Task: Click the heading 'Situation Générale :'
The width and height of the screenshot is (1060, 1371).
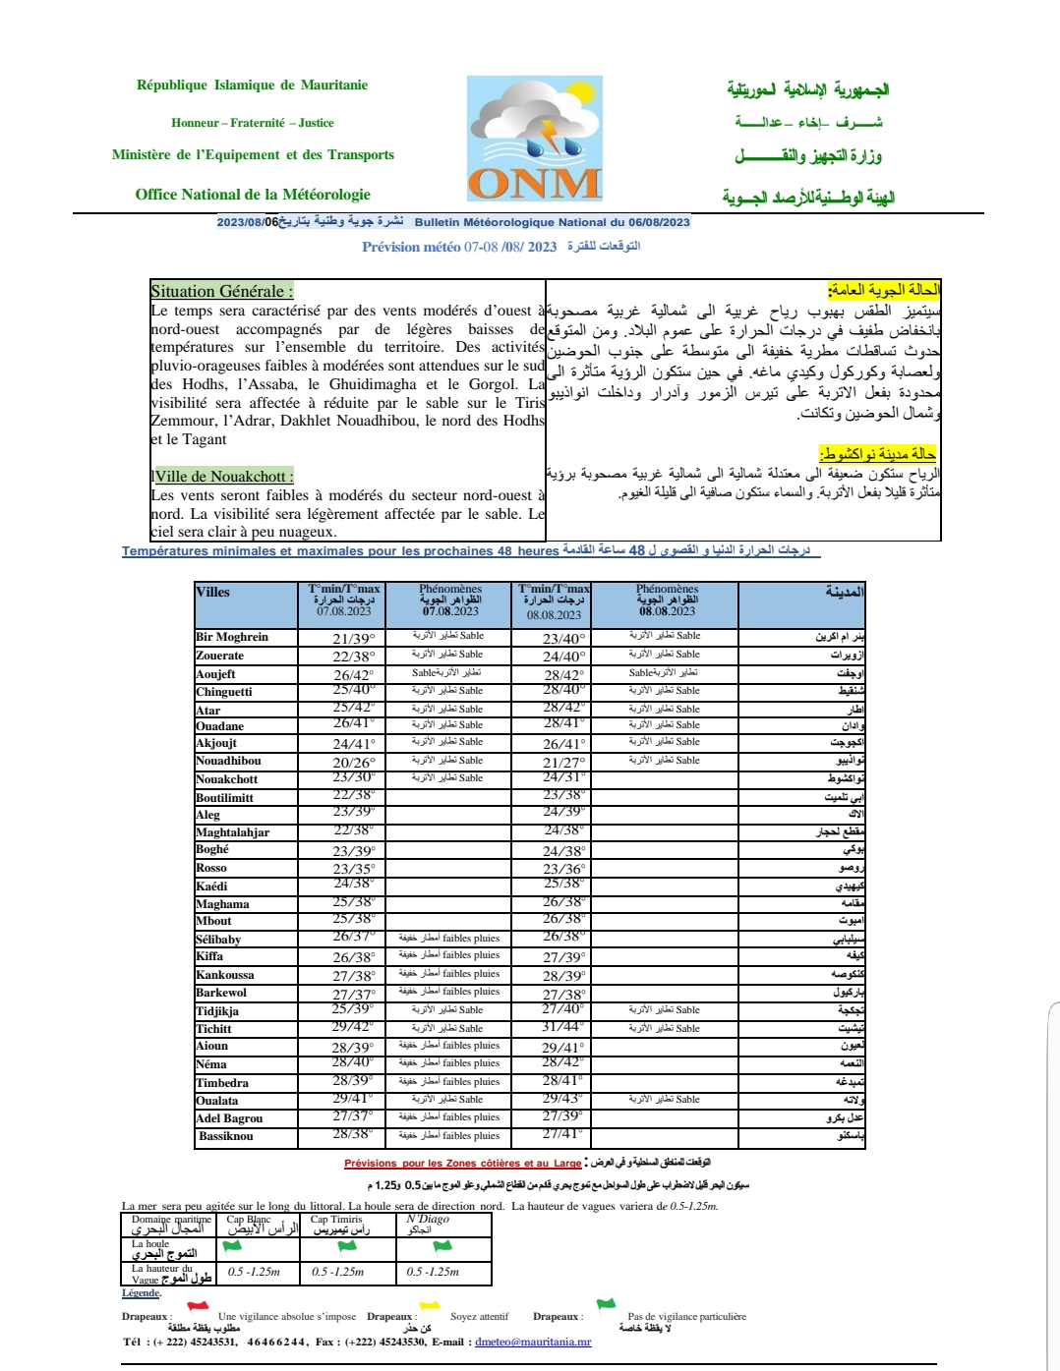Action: point(221,291)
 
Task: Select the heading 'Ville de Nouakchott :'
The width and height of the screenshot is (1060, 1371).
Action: point(223,477)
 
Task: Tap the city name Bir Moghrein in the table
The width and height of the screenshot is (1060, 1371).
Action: point(232,637)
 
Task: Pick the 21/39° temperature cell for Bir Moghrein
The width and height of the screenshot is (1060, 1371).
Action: point(354,639)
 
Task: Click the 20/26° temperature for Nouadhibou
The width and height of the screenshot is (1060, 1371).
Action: point(354,763)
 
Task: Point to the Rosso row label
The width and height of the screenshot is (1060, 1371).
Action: point(211,868)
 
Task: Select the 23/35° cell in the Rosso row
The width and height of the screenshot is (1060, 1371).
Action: point(354,869)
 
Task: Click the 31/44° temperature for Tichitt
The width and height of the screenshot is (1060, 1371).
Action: point(563,1027)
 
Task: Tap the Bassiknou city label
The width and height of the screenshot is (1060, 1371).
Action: point(226,1136)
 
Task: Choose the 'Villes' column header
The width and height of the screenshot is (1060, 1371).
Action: point(213,592)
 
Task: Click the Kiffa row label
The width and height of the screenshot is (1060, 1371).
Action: point(209,955)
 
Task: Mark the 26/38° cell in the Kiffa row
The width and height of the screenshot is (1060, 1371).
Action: point(354,957)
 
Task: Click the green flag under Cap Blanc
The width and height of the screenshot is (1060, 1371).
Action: point(232,1246)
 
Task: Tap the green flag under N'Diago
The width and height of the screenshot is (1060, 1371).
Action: point(442,1246)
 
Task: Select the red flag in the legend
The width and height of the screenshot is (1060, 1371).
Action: point(198,1307)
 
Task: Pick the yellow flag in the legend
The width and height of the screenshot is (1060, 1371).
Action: point(430,1307)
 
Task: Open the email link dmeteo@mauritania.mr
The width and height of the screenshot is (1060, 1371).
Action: point(533,1342)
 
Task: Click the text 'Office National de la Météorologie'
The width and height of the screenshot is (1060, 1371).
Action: point(253,195)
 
